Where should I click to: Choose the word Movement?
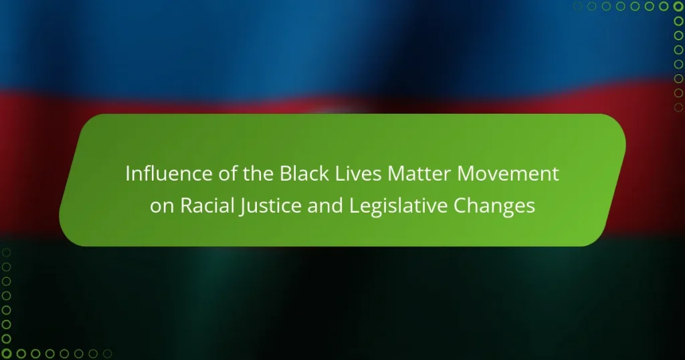[x=508, y=173]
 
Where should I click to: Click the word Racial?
[x=206, y=205]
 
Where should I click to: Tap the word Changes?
[x=494, y=206]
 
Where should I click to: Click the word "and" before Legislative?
[x=325, y=205]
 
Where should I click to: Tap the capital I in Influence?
[x=128, y=174]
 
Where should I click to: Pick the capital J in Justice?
[x=241, y=207]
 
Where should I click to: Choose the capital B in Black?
[x=286, y=174]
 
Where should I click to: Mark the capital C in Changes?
[x=460, y=206]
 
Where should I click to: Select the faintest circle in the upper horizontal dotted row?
[x=577, y=6]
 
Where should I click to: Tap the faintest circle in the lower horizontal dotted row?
[x=108, y=353]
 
